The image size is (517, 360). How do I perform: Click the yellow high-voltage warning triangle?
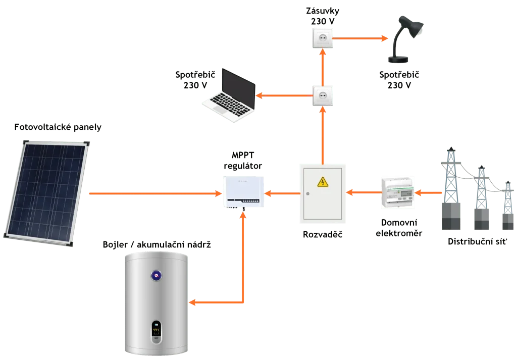pyautogui.click(x=322, y=182)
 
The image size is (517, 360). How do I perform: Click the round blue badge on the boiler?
pyautogui.click(x=157, y=275)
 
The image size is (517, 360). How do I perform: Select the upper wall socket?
pyautogui.click(x=323, y=38)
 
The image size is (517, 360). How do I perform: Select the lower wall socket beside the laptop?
pyautogui.click(x=323, y=96)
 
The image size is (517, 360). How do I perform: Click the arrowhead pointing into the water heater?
pyautogui.click(x=193, y=303)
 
